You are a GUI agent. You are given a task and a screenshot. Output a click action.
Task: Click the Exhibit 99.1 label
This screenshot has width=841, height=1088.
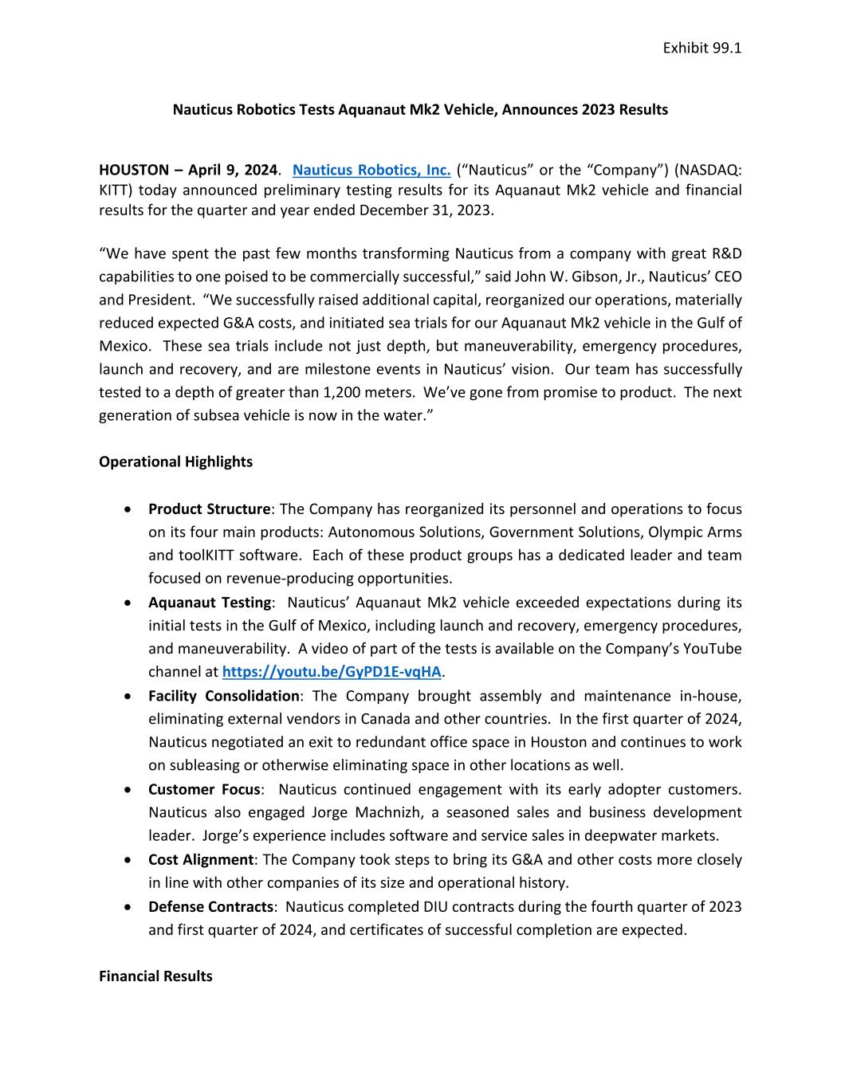point(701,48)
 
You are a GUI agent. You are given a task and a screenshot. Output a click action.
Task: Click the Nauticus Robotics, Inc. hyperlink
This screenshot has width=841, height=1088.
point(371,170)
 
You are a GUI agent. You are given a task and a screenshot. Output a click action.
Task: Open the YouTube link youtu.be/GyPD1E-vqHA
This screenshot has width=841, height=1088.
point(332,671)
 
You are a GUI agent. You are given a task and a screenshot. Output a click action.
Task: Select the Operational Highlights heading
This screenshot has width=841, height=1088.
point(175,462)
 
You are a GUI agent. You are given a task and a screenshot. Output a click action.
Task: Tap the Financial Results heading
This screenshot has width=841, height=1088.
point(155,976)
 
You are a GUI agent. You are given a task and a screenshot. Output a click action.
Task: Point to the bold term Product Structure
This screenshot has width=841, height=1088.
point(209,509)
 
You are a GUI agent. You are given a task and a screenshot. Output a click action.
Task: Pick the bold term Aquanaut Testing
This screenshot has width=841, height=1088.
point(209,602)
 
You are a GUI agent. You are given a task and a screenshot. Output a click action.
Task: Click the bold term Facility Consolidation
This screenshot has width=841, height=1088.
point(224,696)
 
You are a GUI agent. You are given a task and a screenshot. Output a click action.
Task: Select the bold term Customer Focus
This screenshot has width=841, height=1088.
point(204,789)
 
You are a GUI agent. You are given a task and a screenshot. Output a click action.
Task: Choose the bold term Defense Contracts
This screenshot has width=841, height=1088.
point(210,906)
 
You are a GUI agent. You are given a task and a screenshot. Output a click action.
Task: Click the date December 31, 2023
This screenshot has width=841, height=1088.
point(426,210)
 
